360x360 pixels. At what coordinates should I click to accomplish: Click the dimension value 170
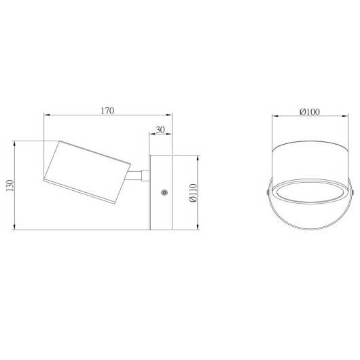107,110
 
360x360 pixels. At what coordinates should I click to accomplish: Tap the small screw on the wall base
164,193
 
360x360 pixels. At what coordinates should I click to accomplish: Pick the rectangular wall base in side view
161,192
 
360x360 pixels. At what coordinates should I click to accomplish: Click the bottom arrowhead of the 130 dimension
15,227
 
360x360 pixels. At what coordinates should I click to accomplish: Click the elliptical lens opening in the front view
309,192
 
